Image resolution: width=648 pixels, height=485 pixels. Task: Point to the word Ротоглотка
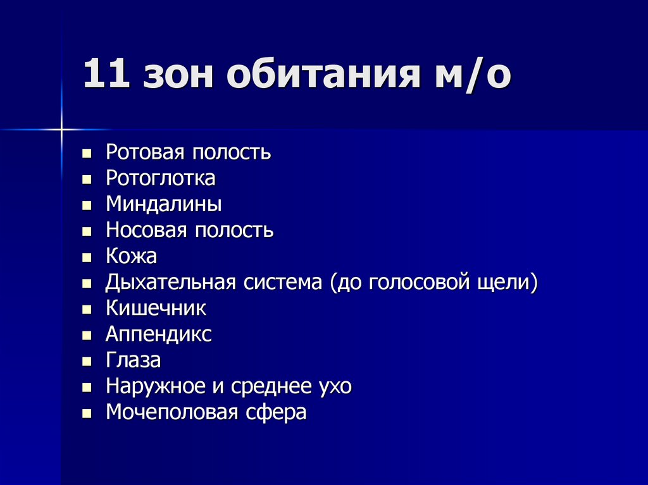click(x=161, y=179)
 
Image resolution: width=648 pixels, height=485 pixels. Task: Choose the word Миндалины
click(x=163, y=205)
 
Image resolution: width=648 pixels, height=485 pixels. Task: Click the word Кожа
click(x=131, y=257)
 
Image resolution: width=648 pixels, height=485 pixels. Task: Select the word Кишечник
click(x=156, y=309)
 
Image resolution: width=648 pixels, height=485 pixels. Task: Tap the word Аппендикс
click(x=158, y=335)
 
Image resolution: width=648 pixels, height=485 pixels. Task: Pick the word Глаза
click(x=133, y=360)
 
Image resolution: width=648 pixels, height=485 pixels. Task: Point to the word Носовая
click(x=146, y=230)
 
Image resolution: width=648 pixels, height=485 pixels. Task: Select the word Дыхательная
click(x=170, y=283)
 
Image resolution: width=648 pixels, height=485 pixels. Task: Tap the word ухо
click(x=335, y=386)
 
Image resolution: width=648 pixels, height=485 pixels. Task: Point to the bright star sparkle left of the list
click(x=62, y=130)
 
